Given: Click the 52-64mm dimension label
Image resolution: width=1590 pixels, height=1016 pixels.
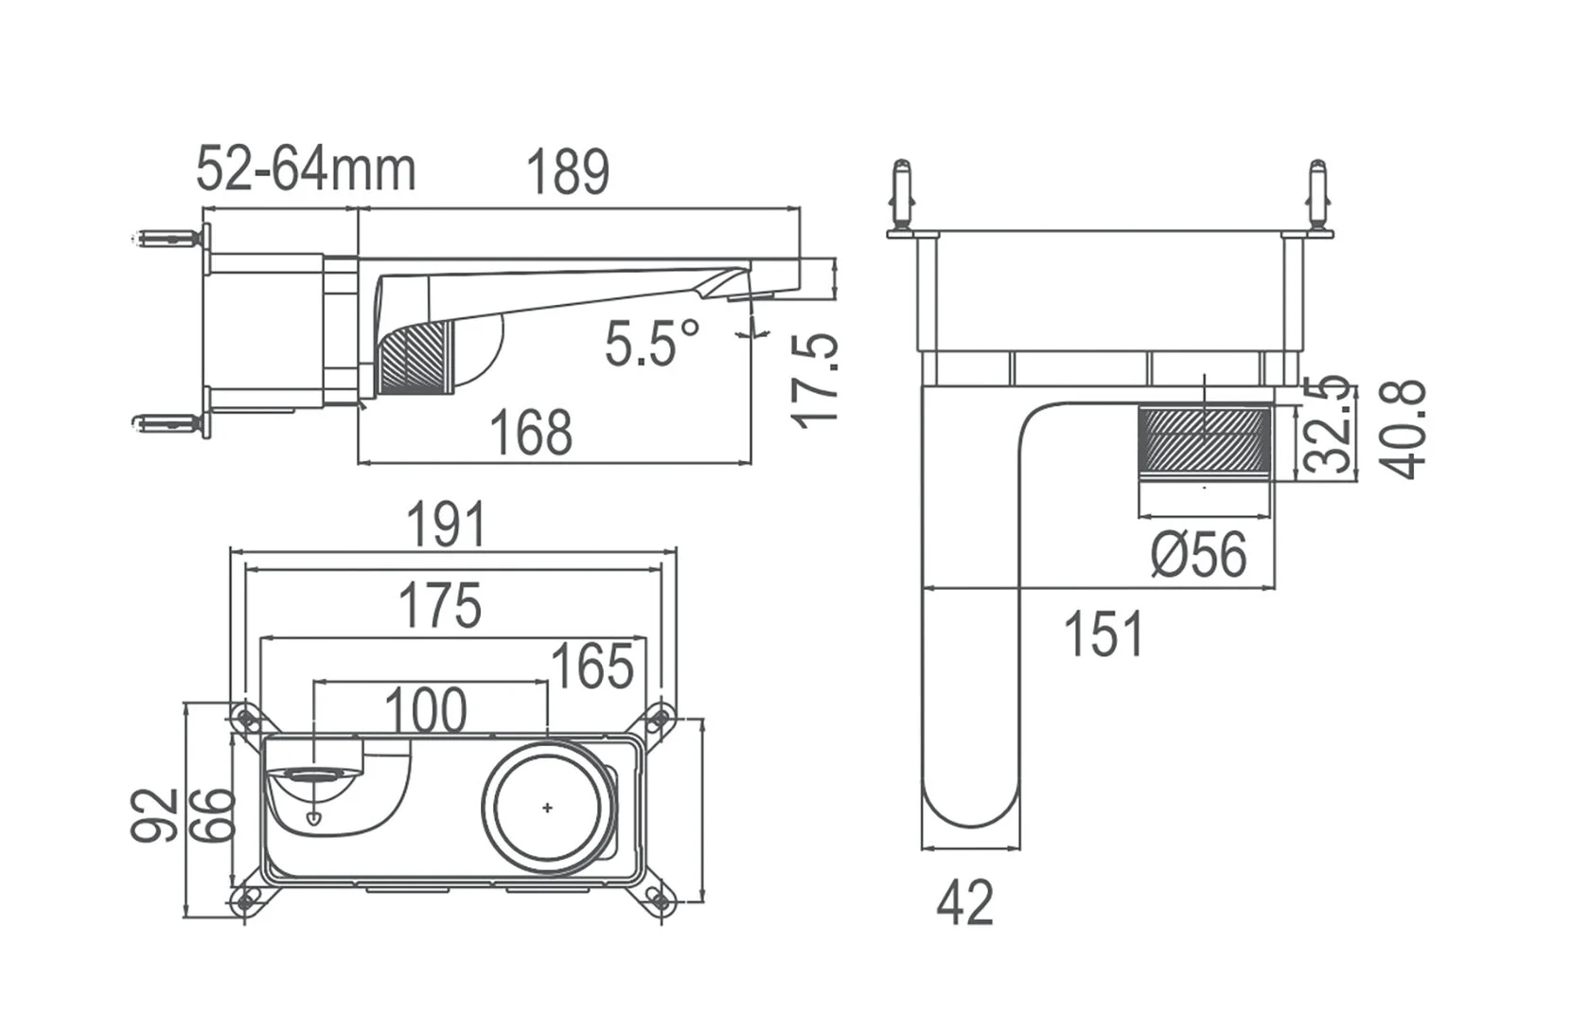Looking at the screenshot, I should point(306,170).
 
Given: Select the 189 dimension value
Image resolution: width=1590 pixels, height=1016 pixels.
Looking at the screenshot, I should point(567,173).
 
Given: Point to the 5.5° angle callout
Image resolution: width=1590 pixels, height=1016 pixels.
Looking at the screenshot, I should point(653,343).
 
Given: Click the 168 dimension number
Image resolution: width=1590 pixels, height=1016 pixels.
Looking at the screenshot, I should point(531,433).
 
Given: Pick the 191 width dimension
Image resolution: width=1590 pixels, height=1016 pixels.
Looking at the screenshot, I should point(446,525).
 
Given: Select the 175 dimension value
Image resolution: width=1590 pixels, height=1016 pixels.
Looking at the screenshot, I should point(440,606).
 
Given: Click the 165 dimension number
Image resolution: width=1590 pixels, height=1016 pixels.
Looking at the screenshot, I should point(592,667).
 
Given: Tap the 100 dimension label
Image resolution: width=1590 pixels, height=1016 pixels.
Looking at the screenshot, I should point(426,710).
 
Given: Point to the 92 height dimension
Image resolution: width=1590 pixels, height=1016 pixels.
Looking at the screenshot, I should point(154,814).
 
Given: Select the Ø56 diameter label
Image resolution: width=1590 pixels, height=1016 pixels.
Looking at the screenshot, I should point(1199,554).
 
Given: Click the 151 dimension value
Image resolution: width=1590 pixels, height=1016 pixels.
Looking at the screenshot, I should point(1104,634).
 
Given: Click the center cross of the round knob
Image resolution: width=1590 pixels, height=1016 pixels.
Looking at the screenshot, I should point(547,808).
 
